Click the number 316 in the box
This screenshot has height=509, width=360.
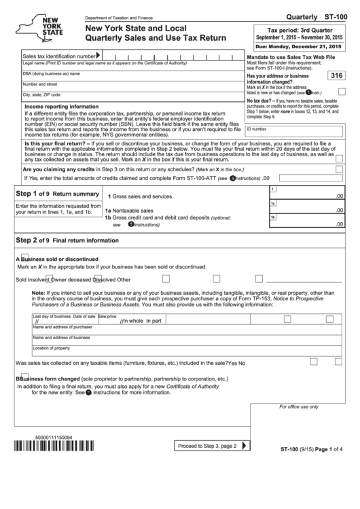335,76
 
